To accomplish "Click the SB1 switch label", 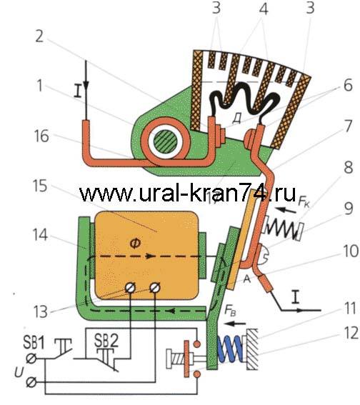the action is [x=34, y=342].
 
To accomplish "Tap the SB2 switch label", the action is [x=106, y=341].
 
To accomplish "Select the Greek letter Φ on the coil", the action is [x=135, y=244].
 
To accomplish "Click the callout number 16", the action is [x=41, y=136].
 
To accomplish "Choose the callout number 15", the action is [x=40, y=186].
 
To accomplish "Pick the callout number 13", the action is [x=41, y=311].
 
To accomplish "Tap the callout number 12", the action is [x=351, y=333].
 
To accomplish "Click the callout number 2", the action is [x=39, y=36].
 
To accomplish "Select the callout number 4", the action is [x=264, y=9].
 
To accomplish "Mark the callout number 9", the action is [x=349, y=208].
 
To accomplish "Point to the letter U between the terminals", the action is [x=19, y=372].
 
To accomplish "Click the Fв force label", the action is [x=230, y=311].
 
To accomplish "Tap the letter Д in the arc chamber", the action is [x=236, y=119].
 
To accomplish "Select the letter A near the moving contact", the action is [x=247, y=279].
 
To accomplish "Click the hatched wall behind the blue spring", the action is [x=252, y=349].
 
